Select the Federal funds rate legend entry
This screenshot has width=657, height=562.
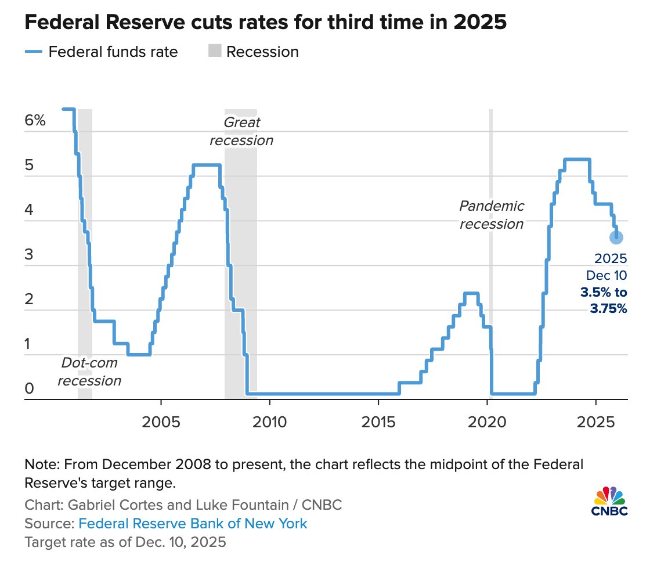coord(102,52)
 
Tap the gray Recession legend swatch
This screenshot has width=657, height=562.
coord(214,52)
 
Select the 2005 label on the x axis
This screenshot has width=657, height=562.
coord(160,420)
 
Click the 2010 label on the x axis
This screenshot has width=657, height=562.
coord(269,420)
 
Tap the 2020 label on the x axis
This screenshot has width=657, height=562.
coord(488,420)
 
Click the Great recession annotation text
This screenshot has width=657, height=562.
coord(241,132)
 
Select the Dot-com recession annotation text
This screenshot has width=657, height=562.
coord(89,372)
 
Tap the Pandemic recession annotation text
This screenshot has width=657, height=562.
coord(492,215)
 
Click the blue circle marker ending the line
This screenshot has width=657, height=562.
coord(616,237)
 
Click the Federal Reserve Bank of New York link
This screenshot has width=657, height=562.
coord(193,524)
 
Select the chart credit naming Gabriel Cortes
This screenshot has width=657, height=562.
coord(183,505)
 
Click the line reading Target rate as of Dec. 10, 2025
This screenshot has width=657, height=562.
coord(125,543)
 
